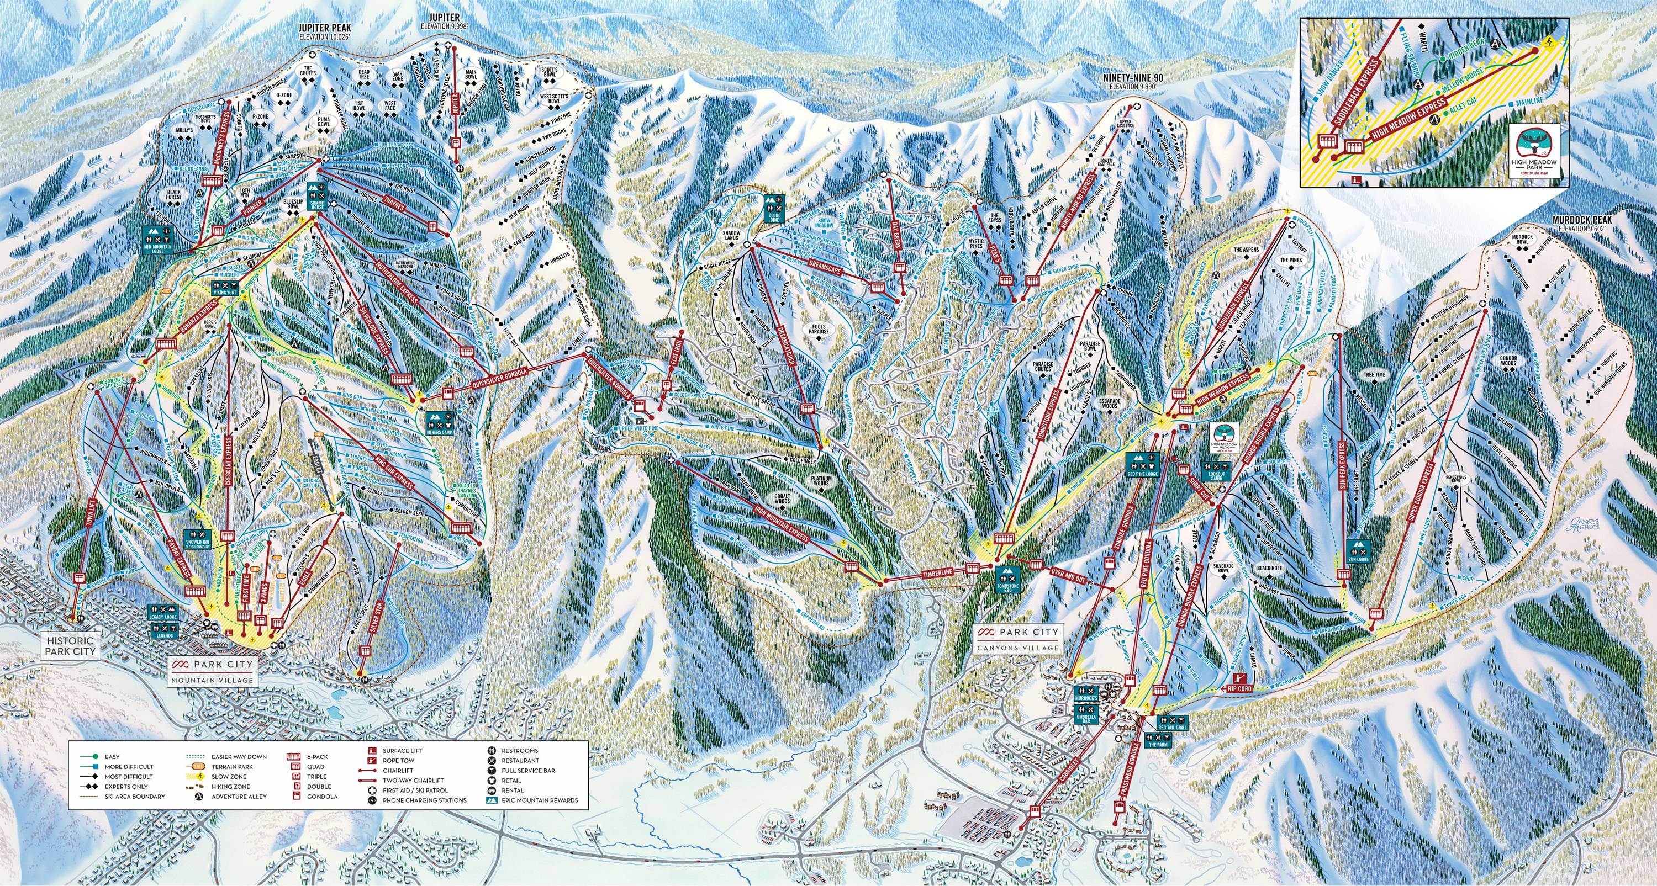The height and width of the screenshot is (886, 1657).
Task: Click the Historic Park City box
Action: pyautogui.click(x=70, y=645)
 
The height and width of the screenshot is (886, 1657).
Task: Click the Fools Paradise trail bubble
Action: pyautogui.click(x=820, y=328)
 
